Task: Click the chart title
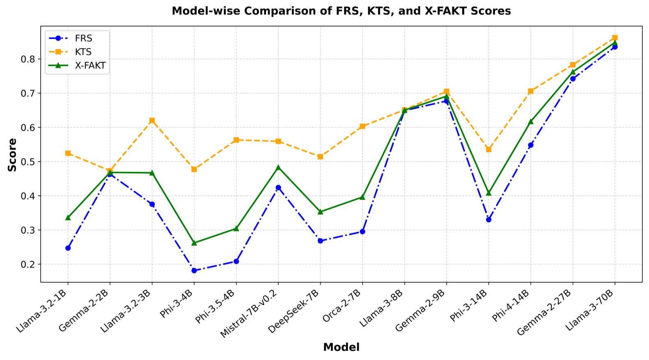[x=341, y=11]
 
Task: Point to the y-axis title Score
[x=13, y=155]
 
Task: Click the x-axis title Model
[x=341, y=347]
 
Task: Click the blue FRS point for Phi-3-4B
[x=194, y=271]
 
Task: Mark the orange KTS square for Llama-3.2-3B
[x=152, y=121]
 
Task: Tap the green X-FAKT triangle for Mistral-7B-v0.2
[x=278, y=167]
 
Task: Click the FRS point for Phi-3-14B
[x=488, y=220]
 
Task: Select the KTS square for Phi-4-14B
[x=530, y=91]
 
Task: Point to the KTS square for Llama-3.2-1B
[x=68, y=153]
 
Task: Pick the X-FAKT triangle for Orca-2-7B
[x=362, y=197]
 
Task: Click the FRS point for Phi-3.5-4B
[x=236, y=261]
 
